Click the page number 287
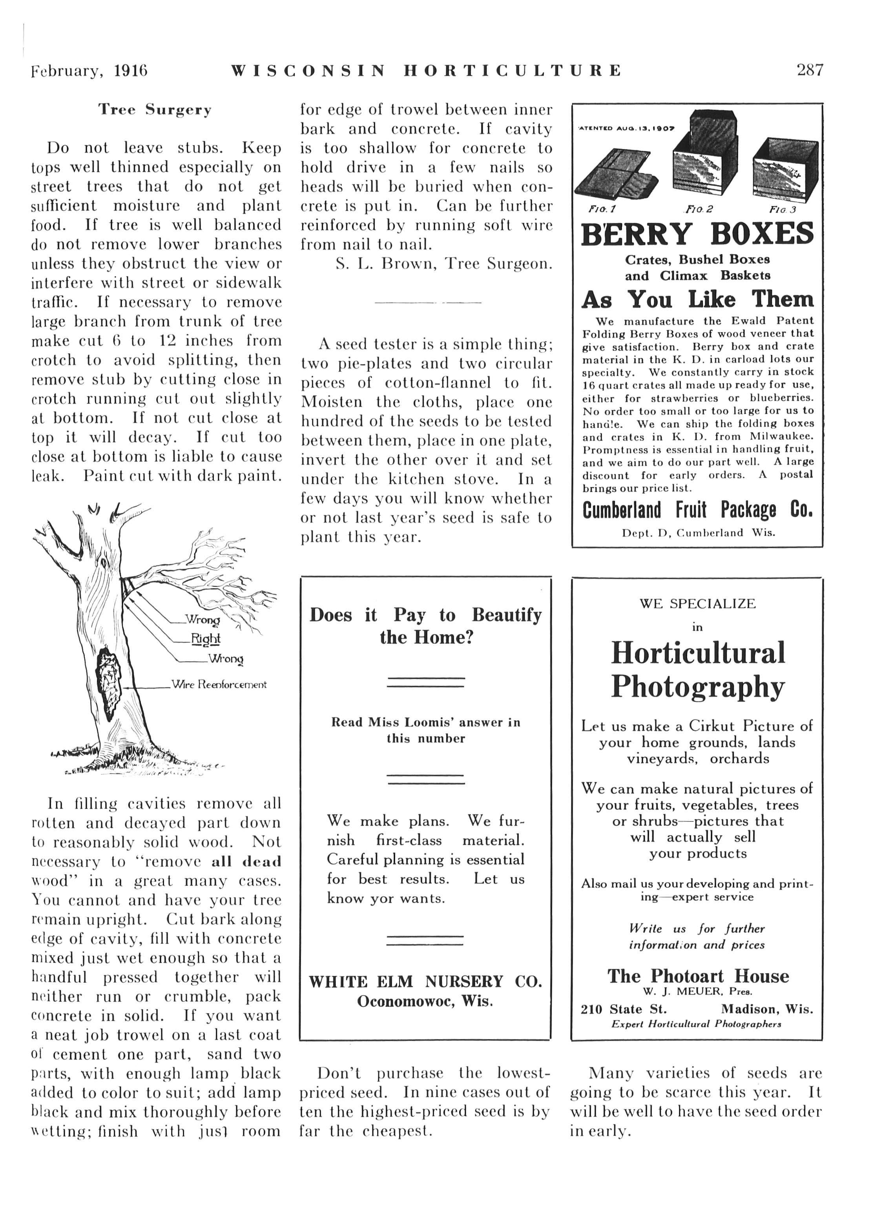(810, 70)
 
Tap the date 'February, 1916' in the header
(89, 71)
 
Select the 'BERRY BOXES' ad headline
(697, 234)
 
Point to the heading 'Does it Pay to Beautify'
(425, 615)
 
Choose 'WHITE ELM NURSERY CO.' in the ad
(425, 982)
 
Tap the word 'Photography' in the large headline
(697, 687)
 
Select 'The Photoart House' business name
(697, 976)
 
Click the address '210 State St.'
(623, 1009)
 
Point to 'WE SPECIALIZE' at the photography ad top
(697, 604)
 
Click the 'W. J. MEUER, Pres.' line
(697, 992)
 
